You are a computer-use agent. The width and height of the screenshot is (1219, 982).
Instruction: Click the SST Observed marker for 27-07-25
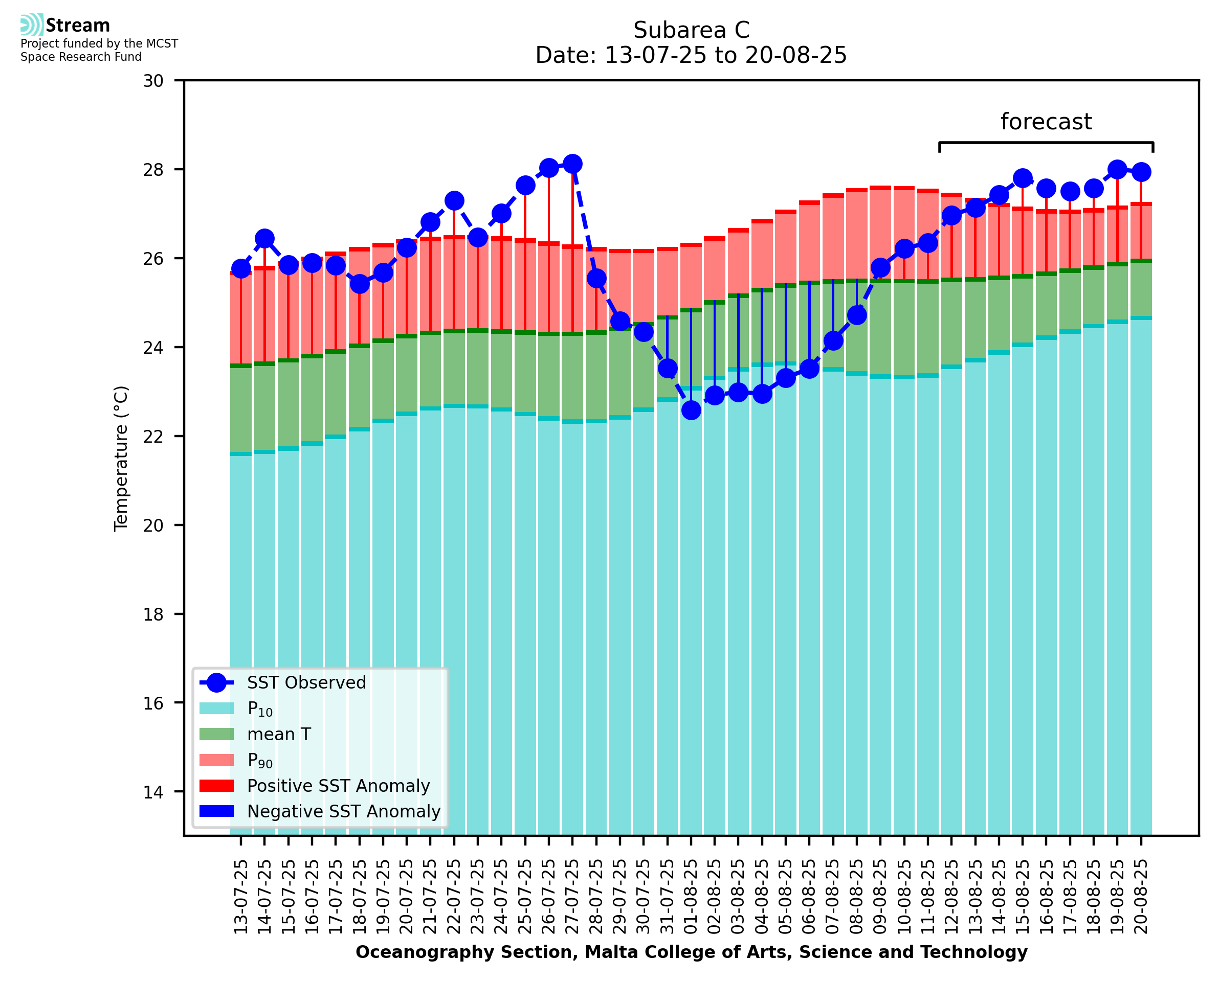(572, 164)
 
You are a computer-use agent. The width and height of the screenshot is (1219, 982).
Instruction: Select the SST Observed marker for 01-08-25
(691, 410)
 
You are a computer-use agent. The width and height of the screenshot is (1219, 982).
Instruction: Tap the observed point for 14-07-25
(264, 239)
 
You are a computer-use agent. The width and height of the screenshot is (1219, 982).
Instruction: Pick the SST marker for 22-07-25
(454, 201)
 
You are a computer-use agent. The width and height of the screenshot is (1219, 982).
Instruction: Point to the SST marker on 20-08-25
(1140, 172)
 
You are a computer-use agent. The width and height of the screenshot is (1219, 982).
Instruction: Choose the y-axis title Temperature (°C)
(121, 459)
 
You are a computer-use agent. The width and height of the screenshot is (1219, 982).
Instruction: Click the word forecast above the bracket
(1046, 122)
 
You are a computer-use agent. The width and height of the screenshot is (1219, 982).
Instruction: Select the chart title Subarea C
(691, 30)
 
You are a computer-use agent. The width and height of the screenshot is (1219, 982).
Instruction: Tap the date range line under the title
(691, 55)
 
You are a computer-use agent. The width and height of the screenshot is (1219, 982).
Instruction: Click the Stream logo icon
(32, 25)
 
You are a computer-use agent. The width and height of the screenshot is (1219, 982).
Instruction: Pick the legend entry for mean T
(279, 734)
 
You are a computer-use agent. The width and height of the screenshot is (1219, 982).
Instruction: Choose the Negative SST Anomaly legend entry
(344, 811)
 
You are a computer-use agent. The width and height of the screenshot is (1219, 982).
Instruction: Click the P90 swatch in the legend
(216, 760)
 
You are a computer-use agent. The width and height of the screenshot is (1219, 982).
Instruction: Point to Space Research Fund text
(81, 57)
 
